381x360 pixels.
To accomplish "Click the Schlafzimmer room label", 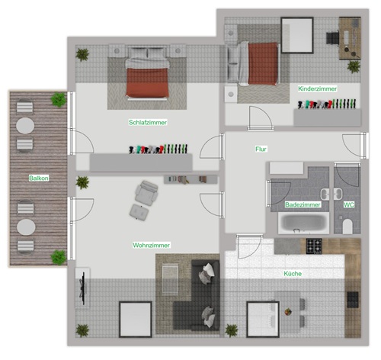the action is pos(148,122).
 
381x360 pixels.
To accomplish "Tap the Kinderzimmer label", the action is pos(317,88).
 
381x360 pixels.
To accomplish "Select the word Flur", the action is pos(261,149).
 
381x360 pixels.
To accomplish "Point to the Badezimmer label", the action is pos(303,204).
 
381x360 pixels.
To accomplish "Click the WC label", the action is pos(348,204).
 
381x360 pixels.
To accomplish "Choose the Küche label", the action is pos(293,274).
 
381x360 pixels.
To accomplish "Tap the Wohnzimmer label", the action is pos(151,245).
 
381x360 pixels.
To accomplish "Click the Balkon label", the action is pos(39,178).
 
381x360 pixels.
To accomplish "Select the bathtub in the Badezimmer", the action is pos(303,223).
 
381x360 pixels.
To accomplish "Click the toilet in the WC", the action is pos(347,226).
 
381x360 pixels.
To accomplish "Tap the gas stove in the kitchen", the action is pos(314,246).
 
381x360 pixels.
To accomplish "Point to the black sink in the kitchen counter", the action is pos(353,300).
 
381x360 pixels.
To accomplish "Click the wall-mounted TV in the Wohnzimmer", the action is pos(83,288).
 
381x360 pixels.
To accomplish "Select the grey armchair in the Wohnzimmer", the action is pos(146,193).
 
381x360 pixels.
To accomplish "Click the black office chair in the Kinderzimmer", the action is pos(332,38).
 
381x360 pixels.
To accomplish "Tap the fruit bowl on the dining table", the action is pos(288,311).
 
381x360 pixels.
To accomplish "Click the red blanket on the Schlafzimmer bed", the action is pos(147,82).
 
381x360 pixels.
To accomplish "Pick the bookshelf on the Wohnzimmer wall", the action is pos(190,179).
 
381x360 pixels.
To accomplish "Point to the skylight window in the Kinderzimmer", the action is pos(297,35).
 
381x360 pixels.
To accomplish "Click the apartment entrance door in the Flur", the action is pos(365,146).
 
